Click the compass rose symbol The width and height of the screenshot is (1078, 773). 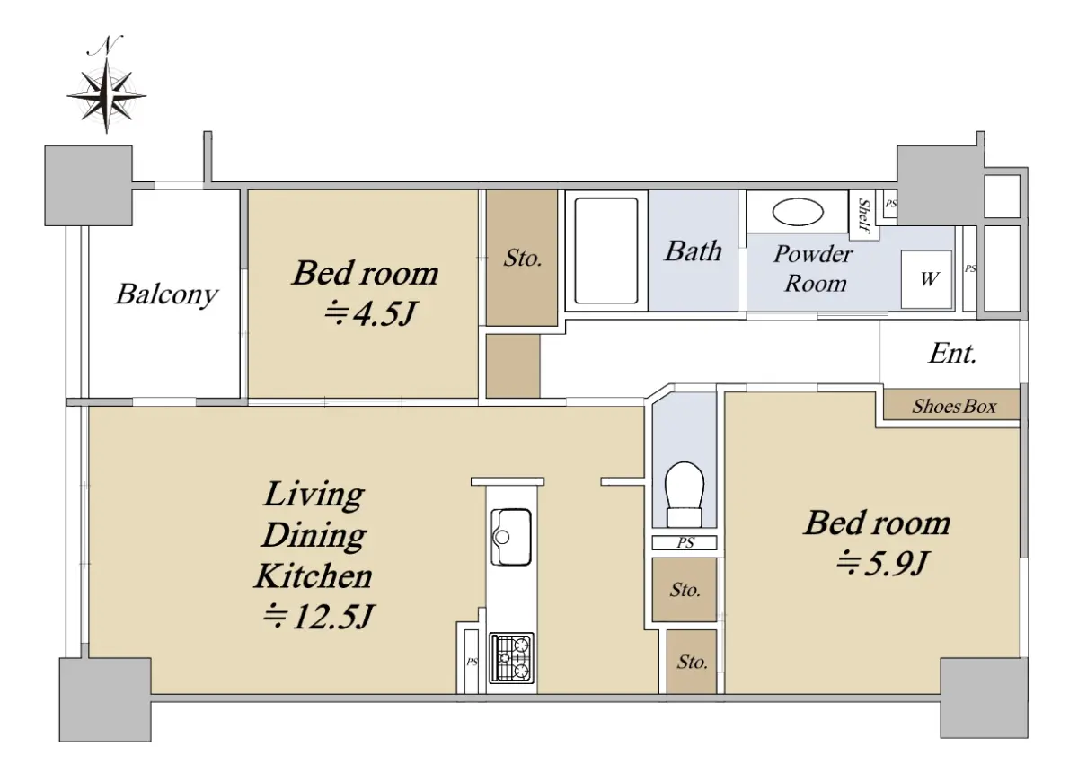tap(106, 95)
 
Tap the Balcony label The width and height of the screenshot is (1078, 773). tap(166, 294)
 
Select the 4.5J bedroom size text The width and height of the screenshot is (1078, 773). tap(369, 313)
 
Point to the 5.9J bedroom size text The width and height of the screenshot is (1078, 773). tap(881, 563)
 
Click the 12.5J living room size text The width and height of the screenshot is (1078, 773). tap(319, 616)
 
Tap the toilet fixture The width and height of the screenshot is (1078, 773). tap(684, 495)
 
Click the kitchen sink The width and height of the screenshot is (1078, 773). tap(511, 537)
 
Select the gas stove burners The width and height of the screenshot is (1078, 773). tap(511, 658)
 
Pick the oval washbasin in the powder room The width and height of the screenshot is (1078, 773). tap(798, 212)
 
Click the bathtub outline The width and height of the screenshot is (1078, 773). tap(605, 250)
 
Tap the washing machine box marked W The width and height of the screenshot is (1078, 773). tap(926, 279)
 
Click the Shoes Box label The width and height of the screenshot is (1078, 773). tap(954, 407)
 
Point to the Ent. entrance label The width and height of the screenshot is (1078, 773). tap(952, 354)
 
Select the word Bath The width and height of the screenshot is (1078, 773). tap(693, 251)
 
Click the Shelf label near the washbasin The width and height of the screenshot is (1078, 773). tap(865, 215)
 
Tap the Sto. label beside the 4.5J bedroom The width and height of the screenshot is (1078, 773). tap(523, 259)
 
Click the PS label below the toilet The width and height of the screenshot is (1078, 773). tap(685, 543)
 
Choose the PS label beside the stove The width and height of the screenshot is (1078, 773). tap(472, 662)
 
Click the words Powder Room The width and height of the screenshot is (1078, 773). tap(814, 268)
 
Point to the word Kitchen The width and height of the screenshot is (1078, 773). tap(314, 575)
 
